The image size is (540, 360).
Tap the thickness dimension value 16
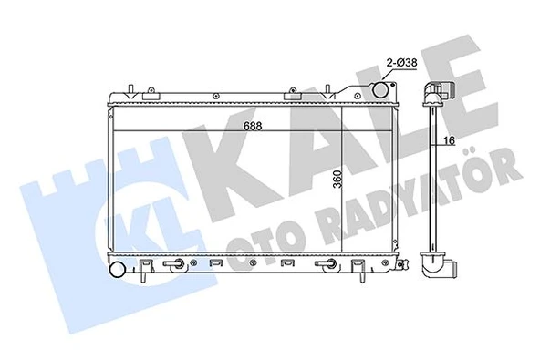click(448, 139)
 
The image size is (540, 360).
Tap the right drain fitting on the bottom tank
click(325, 265)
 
